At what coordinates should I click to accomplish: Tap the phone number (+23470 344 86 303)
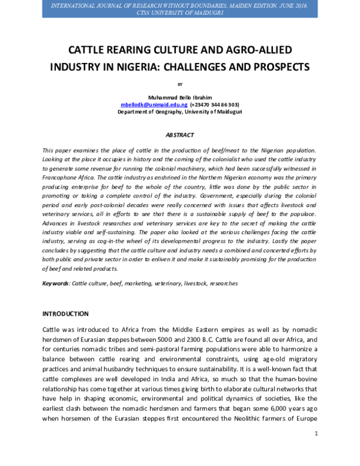[206, 104]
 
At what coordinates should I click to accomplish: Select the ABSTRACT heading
[179, 136]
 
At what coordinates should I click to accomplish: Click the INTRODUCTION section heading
[65, 314]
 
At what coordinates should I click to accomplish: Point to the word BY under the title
[179, 84]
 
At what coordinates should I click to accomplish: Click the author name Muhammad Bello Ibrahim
[179, 97]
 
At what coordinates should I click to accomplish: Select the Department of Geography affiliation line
[179, 112]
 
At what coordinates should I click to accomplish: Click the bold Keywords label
[55, 283]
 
